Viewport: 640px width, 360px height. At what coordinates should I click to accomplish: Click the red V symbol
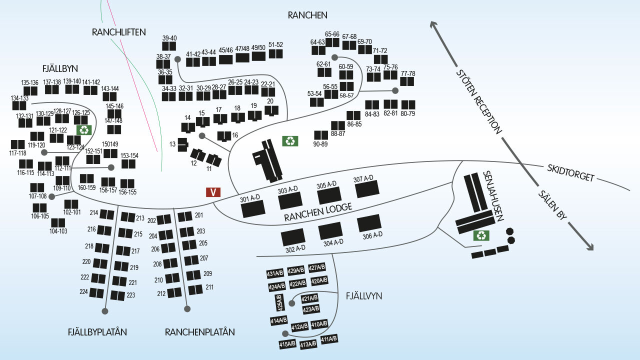tap(213, 192)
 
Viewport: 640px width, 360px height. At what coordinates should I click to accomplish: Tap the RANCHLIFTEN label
tap(119, 32)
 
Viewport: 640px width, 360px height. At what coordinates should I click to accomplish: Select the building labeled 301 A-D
tap(253, 208)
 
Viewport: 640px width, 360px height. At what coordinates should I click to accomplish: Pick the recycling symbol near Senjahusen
tap(481, 235)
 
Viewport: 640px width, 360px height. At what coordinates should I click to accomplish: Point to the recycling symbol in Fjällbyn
tap(84, 130)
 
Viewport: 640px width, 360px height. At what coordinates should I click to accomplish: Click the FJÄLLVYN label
tap(364, 296)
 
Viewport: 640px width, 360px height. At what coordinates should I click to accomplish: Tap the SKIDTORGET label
tap(570, 172)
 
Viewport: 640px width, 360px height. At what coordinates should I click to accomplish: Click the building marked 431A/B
tap(275, 273)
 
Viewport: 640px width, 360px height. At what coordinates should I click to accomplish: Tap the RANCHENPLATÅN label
tap(199, 332)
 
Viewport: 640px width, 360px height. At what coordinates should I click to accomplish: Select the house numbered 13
tap(182, 144)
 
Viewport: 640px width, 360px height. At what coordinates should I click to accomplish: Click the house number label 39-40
tap(169, 38)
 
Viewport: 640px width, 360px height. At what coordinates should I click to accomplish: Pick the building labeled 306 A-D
tap(369, 223)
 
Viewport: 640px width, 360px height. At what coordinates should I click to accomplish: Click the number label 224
tap(84, 292)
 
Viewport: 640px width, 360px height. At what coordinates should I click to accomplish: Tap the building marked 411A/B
tap(329, 339)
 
